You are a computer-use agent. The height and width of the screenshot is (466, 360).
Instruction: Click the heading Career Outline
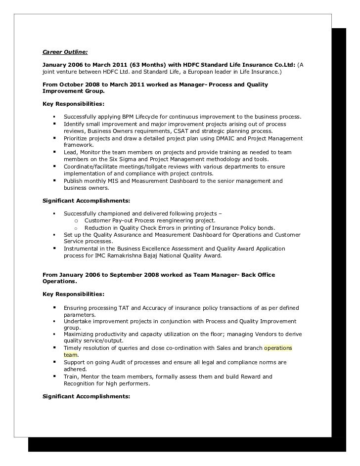(64, 51)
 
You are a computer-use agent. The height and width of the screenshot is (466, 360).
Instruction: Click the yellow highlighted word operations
(278, 348)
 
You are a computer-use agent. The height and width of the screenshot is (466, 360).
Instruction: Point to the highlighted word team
(71, 355)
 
